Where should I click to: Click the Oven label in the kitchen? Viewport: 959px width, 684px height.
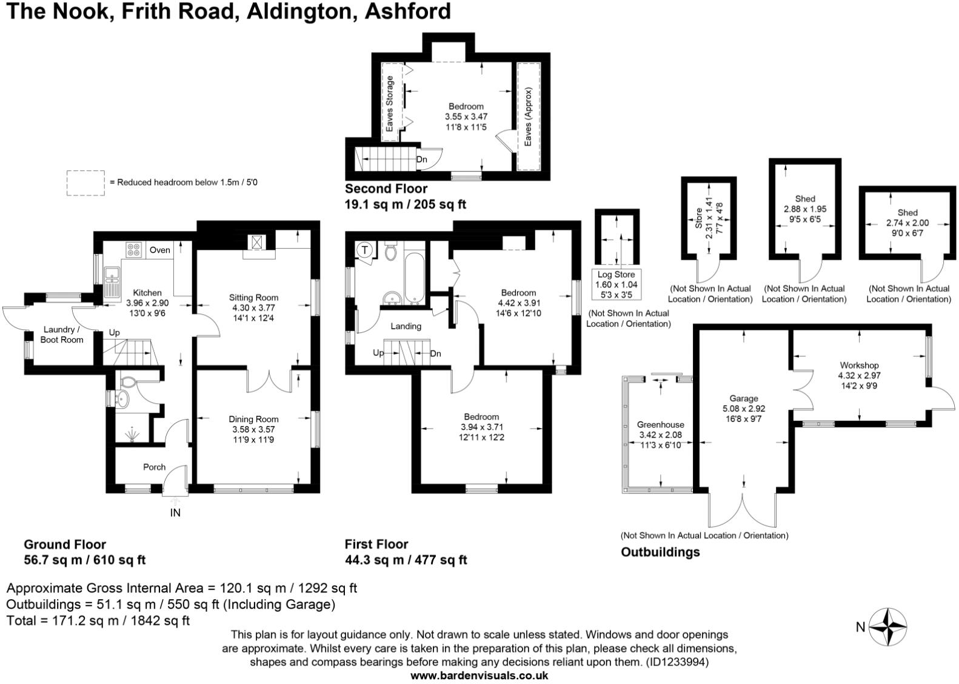tap(160, 250)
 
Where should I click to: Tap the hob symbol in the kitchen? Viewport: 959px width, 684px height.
tap(133, 250)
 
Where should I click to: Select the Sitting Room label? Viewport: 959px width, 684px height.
tap(253, 297)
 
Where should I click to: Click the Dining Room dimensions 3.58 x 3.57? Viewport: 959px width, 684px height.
tap(253, 429)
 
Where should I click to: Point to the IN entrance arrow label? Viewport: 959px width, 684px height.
tap(175, 513)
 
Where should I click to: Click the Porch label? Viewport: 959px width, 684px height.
tap(154, 467)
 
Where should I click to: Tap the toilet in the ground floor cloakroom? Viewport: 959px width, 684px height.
tap(128, 383)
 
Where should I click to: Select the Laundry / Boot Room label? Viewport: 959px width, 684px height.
tap(62, 335)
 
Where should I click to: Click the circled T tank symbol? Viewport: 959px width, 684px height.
tap(365, 250)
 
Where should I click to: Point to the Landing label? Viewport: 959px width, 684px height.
tap(406, 326)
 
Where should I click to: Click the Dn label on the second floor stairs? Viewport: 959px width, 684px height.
tap(422, 159)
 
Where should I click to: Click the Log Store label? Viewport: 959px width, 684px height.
tap(616, 275)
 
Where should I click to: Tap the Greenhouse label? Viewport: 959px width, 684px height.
tap(660, 424)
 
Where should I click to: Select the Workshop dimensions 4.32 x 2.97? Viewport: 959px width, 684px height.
tap(859, 375)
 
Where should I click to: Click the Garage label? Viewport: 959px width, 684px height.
tap(743, 398)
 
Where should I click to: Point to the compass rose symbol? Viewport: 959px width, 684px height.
tap(888, 626)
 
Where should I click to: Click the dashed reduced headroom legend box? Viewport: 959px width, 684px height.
tap(85, 183)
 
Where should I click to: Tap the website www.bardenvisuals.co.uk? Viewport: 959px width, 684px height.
tap(479, 676)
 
